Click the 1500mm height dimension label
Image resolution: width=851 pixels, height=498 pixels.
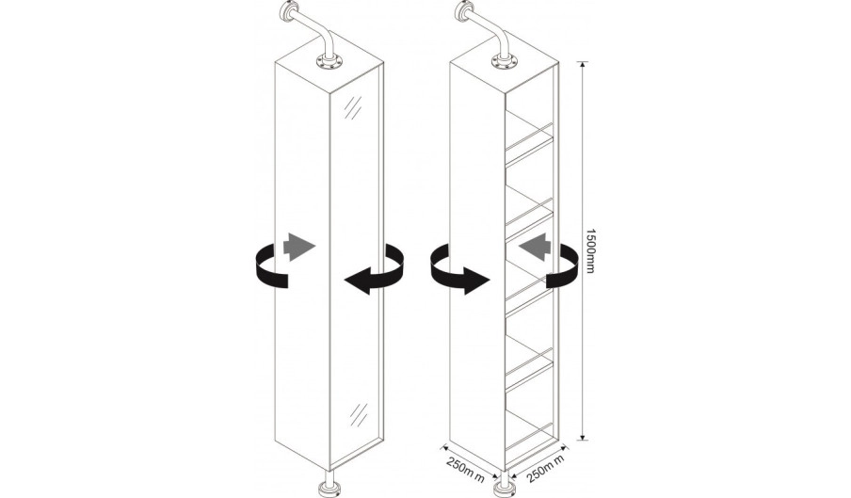coord(590,250)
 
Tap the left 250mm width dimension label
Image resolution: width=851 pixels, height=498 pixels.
coord(465,470)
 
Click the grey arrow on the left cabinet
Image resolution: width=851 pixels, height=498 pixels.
coord(299,247)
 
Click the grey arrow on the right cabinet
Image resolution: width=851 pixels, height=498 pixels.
coord(535,248)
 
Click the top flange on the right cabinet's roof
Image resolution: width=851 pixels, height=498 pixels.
coord(506,62)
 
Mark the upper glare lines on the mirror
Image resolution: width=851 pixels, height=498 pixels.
coord(353,107)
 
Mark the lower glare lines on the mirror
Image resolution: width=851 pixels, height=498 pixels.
coord(359,414)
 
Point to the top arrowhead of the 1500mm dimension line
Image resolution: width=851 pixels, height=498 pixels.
coord(583,65)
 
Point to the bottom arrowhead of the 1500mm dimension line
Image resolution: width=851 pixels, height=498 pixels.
coord(583,436)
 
